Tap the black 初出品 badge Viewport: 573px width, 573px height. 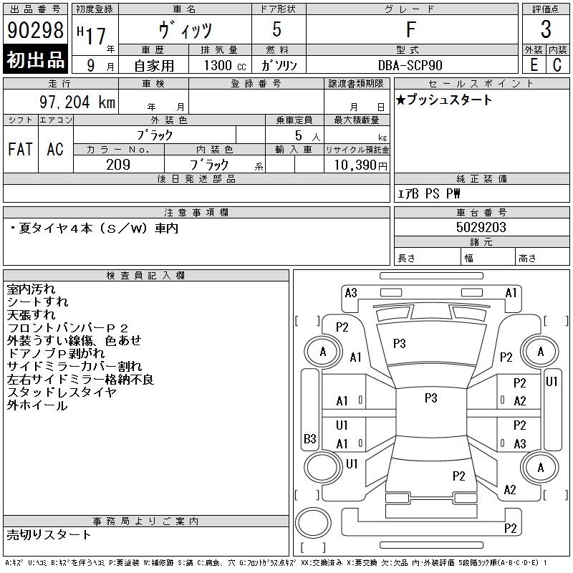coord(35,60)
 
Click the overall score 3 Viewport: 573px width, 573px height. coord(546,30)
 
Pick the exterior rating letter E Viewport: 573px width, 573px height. coord(534,64)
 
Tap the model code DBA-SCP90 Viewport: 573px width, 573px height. coord(411,65)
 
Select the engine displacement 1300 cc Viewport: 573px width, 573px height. coord(223,65)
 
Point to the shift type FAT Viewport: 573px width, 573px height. coord(20,150)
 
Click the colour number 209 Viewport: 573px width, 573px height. coord(118,165)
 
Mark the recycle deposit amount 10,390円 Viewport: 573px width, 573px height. coord(356,165)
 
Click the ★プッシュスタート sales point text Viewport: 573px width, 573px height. coord(445,100)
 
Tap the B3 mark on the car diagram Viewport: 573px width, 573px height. coord(309,438)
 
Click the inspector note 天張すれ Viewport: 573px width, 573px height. coord(31,315)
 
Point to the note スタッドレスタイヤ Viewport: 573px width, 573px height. coord(61,393)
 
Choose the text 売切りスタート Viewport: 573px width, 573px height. coord(49,534)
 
